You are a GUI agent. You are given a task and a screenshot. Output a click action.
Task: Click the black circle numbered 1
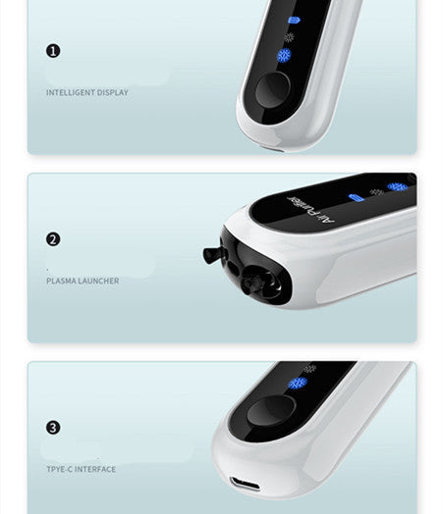(x=53, y=50)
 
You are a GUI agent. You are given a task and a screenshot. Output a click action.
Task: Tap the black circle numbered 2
(x=53, y=238)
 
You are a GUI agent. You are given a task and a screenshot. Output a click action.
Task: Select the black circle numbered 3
(x=53, y=428)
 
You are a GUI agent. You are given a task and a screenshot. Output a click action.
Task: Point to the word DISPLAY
(x=112, y=92)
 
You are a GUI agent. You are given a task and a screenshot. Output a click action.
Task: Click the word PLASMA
(x=61, y=281)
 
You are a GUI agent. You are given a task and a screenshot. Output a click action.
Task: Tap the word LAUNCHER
(x=98, y=281)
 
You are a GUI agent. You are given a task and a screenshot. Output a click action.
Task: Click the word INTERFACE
(x=96, y=469)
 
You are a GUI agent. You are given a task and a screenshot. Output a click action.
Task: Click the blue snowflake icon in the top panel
(x=285, y=56)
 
